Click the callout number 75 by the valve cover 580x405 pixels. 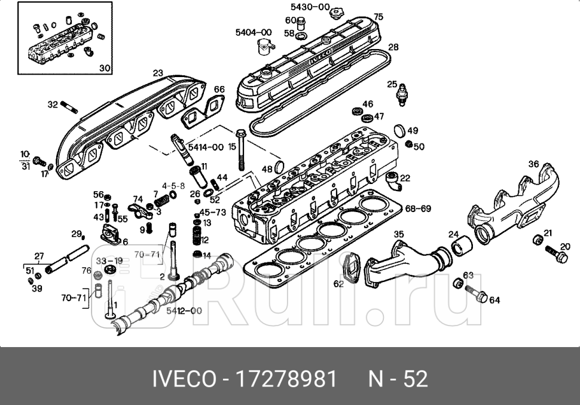pyautogui.click(x=378, y=16)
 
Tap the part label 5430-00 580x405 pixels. pyautogui.click(x=310, y=7)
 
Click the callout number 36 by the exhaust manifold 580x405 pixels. pyautogui.click(x=533, y=164)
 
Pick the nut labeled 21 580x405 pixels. pyautogui.click(x=537, y=240)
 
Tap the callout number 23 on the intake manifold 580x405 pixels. pyautogui.click(x=157, y=73)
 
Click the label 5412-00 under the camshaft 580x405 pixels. pyautogui.click(x=184, y=311)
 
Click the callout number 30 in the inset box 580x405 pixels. pyautogui.click(x=105, y=68)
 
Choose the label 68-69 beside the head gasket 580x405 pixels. pyautogui.click(x=418, y=209)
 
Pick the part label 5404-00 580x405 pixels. pyautogui.click(x=253, y=32)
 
